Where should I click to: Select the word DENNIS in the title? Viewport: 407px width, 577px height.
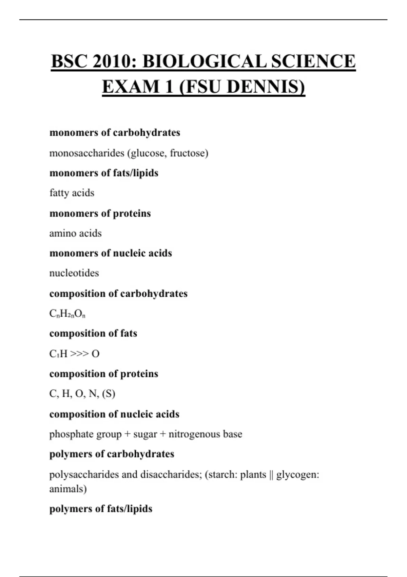(266, 87)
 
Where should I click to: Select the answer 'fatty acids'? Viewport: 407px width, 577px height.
(72, 193)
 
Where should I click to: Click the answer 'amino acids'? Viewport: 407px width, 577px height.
(75, 233)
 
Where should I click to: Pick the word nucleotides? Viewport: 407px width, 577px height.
(74, 273)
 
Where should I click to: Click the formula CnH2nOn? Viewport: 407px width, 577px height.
(67, 314)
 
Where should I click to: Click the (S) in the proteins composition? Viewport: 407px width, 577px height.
(109, 394)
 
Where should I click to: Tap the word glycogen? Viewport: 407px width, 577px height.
(297, 474)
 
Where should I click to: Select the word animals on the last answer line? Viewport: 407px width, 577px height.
(67, 489)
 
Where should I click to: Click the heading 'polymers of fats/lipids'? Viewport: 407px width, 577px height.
(101, 509)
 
